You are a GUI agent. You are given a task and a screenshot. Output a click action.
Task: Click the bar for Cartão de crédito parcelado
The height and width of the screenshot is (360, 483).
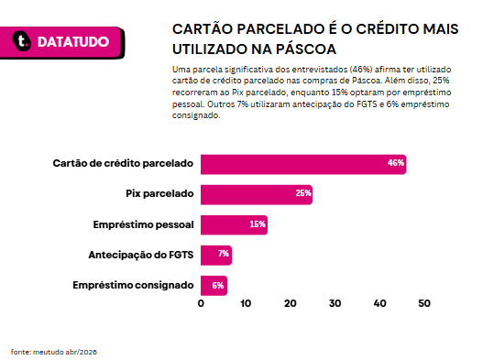303,165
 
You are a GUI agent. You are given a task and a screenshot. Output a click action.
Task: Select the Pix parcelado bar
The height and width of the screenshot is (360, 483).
257,194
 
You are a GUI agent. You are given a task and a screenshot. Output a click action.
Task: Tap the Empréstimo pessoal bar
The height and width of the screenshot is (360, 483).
234,224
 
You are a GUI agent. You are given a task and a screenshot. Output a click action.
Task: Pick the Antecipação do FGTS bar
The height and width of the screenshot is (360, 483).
216,256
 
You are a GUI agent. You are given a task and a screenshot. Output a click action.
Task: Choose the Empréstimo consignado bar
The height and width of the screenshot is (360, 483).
214,286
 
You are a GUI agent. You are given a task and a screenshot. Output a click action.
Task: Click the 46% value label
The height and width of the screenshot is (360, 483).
396,163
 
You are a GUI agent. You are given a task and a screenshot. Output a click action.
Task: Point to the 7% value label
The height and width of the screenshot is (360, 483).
224,254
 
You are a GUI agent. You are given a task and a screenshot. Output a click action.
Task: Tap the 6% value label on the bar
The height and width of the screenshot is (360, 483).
218,286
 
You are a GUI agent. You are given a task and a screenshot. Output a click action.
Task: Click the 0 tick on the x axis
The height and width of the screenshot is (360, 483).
201,303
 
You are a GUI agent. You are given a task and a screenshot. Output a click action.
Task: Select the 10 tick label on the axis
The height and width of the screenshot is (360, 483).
246,303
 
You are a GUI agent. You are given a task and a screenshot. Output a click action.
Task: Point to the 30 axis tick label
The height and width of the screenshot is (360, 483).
335,303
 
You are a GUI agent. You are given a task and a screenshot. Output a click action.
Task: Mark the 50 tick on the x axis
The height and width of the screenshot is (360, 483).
424,303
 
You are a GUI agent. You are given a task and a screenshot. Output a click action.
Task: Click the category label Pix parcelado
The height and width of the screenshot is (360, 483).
159,193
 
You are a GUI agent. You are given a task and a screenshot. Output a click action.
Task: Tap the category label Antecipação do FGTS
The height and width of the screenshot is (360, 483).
141,255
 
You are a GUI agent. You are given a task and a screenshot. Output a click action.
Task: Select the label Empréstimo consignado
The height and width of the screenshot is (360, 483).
134,286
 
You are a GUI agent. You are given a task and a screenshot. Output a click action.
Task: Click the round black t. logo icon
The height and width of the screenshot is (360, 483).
22,41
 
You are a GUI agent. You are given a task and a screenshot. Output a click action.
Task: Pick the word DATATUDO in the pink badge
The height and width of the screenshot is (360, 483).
73,42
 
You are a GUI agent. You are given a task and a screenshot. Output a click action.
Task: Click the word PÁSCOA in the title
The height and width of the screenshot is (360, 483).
305,49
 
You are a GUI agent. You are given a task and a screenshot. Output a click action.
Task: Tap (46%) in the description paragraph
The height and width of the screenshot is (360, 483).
361,70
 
